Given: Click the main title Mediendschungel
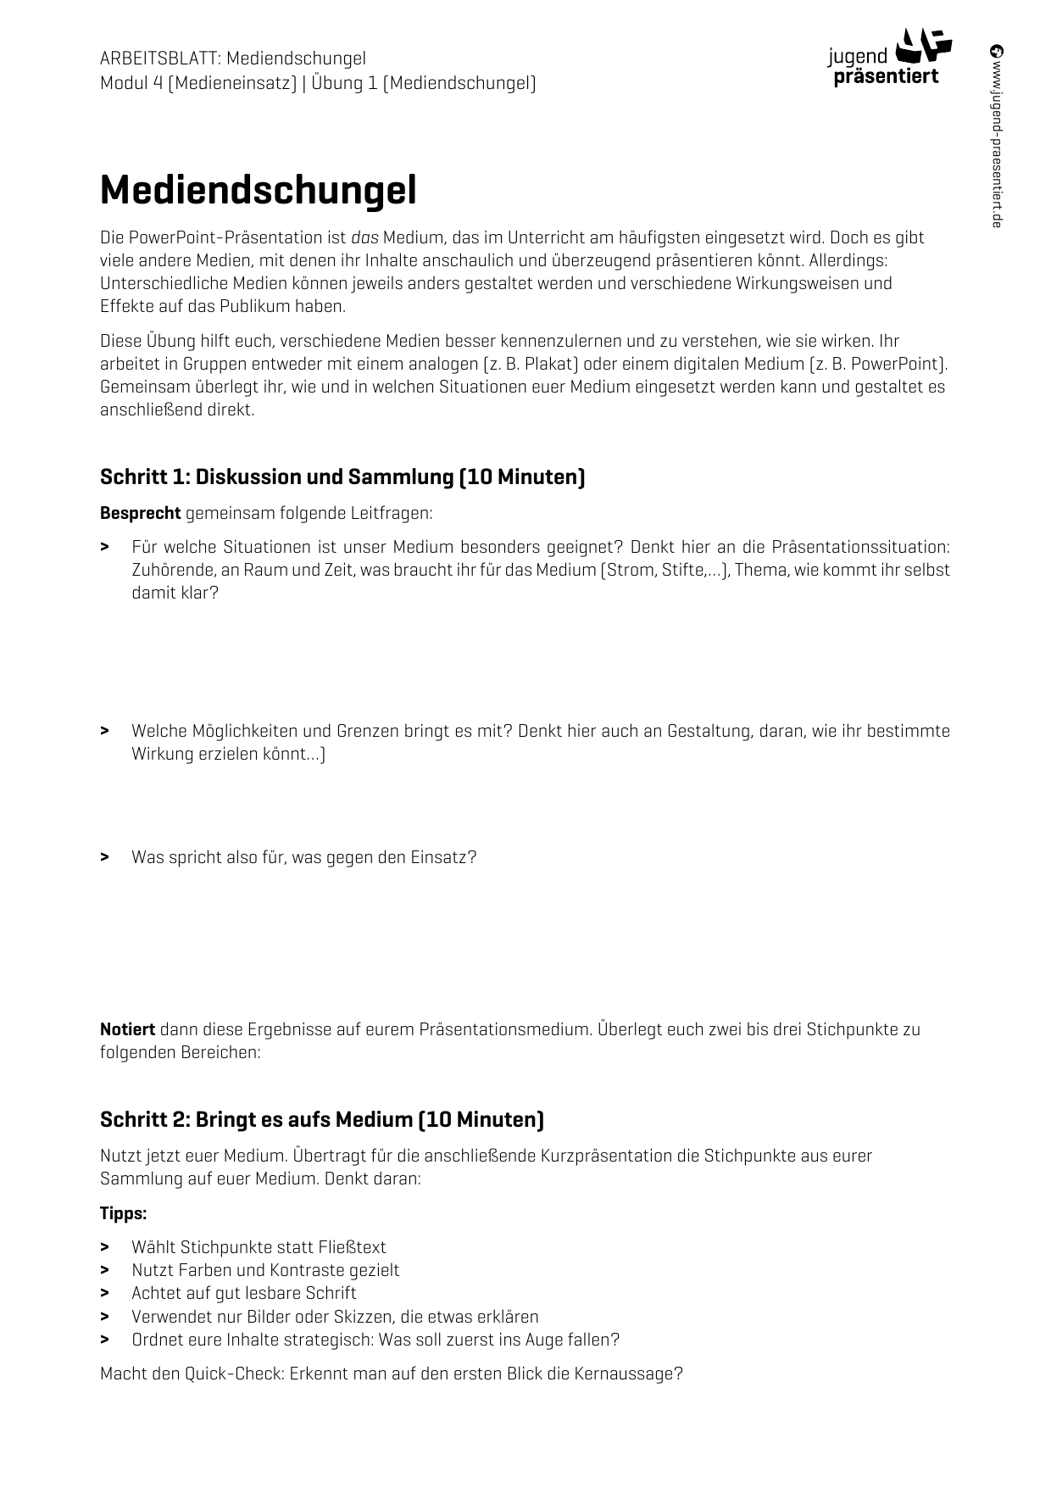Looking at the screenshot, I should pyautogui.click(x=258, y=191).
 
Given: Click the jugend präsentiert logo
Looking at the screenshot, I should pyautogui.click(x=889, y=58).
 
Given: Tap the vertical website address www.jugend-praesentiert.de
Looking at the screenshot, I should pyautogui.click(x=997, y=136).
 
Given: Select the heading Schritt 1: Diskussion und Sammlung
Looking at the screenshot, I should pyautogui.click(x=342, y=476).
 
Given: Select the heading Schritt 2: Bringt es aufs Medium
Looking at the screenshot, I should pyautogui.click(x=321, y=1119).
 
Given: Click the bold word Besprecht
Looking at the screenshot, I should pyautogui.click(x=140, y=513).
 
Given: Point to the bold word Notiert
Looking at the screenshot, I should pyautogui.click(x=127, y=1029).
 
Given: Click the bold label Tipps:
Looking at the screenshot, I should pyautogui.click(x=123, y=1213).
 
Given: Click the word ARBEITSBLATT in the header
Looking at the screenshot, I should pyautogui.click(x=159, y=59).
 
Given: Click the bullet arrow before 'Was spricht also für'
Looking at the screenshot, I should pyautogui.click(x=104, y=857).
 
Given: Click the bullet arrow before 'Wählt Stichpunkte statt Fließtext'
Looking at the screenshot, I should pyautogui.click(x=104, y=1247).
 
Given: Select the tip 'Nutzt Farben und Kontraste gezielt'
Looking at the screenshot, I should pyautogui.click(x=265, y=1270).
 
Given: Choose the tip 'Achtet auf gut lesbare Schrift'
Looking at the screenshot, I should pyautogui.click(x=243, y=1293).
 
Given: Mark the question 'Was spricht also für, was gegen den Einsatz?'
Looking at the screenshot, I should pyautogui.click(x=303, y=857).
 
